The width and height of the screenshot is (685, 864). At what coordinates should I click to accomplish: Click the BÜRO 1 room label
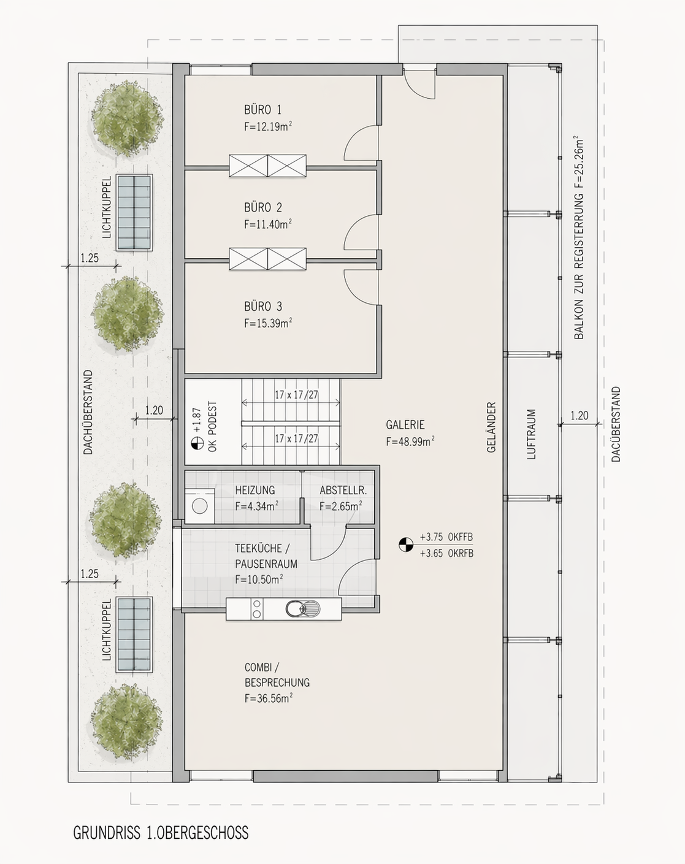click(x=262, y=109)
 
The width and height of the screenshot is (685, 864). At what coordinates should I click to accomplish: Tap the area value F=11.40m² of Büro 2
click(x=268, y=224)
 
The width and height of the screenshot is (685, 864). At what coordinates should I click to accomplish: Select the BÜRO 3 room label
click(x=263, y=307)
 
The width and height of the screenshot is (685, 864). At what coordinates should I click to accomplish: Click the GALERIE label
click(x=405, y=424)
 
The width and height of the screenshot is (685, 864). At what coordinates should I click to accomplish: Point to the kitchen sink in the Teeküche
click(x=302, y=609)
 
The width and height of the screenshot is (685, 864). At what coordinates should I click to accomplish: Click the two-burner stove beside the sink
click(x=257, y=609)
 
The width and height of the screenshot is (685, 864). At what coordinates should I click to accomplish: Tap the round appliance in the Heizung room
click(x=199, y=506)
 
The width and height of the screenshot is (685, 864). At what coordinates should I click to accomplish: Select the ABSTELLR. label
click(x=343, y=490)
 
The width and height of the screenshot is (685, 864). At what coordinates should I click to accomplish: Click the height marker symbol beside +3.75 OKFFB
click(x=406, y=545)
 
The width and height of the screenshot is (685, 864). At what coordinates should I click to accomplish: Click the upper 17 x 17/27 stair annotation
click(x=296, y=395)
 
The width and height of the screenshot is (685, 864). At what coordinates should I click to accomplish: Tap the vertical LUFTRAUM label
click(x=531, y=434)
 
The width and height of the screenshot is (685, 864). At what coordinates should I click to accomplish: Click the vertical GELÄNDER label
click(x=491, y=427)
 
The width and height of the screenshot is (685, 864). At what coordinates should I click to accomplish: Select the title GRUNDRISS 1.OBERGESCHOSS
click(x=161, y=832)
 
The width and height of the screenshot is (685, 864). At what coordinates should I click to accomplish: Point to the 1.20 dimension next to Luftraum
click(x=579, y=416)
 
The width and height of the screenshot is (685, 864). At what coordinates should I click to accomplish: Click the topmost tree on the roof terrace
click(x=128, y=118)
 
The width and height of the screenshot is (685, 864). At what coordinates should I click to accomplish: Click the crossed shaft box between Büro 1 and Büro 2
click(x=267, y=166)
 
